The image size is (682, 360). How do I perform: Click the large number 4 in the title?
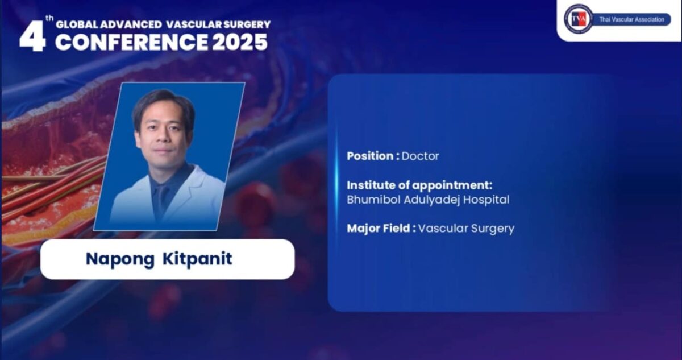(x=32, y=38)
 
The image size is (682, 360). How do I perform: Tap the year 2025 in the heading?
(x=240, y=42)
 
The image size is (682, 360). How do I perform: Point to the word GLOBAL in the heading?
(x=77, y=24)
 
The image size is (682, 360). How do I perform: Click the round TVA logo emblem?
(x=578, y=19)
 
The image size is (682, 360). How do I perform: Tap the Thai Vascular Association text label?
(x=632, y=20)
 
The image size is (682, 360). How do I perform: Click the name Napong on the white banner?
(x=120, y=259)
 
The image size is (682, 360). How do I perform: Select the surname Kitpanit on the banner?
(x=197, y=259)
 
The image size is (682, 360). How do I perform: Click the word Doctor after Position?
(x=420, y=156)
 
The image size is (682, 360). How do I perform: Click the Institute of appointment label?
(x=419, y=185)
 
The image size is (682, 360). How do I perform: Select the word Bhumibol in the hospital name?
(x=373, y=200)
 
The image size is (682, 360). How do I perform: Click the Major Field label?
(x=381, y=229)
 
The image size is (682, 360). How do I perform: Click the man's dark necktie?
(x=160, y=201)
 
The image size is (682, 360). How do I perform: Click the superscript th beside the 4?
(x=49, y=18)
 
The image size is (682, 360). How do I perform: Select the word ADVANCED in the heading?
(x=131, y=24)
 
